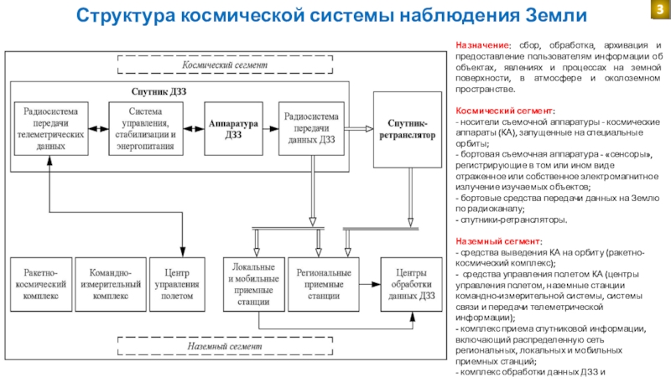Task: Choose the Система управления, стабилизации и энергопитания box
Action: tap(152, 128)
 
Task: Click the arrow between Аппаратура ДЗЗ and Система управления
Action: tap(194, 128)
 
